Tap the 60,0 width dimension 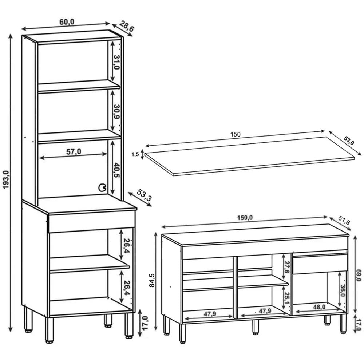tap(67, 22)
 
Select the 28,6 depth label tap(127, 26)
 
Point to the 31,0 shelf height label tap(116, 62)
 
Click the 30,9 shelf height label tap(116, 112)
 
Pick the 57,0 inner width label tap(74, 151)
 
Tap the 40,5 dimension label tap(116, 170)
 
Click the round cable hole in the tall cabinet tap(102, 187)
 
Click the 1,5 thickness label tap(135, 154)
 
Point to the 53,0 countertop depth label tap(349, 140)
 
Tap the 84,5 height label tap(152, 280)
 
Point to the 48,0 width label tap(319, 307)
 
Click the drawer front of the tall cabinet tap(92, 221)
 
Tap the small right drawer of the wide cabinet tap(320, 264)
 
